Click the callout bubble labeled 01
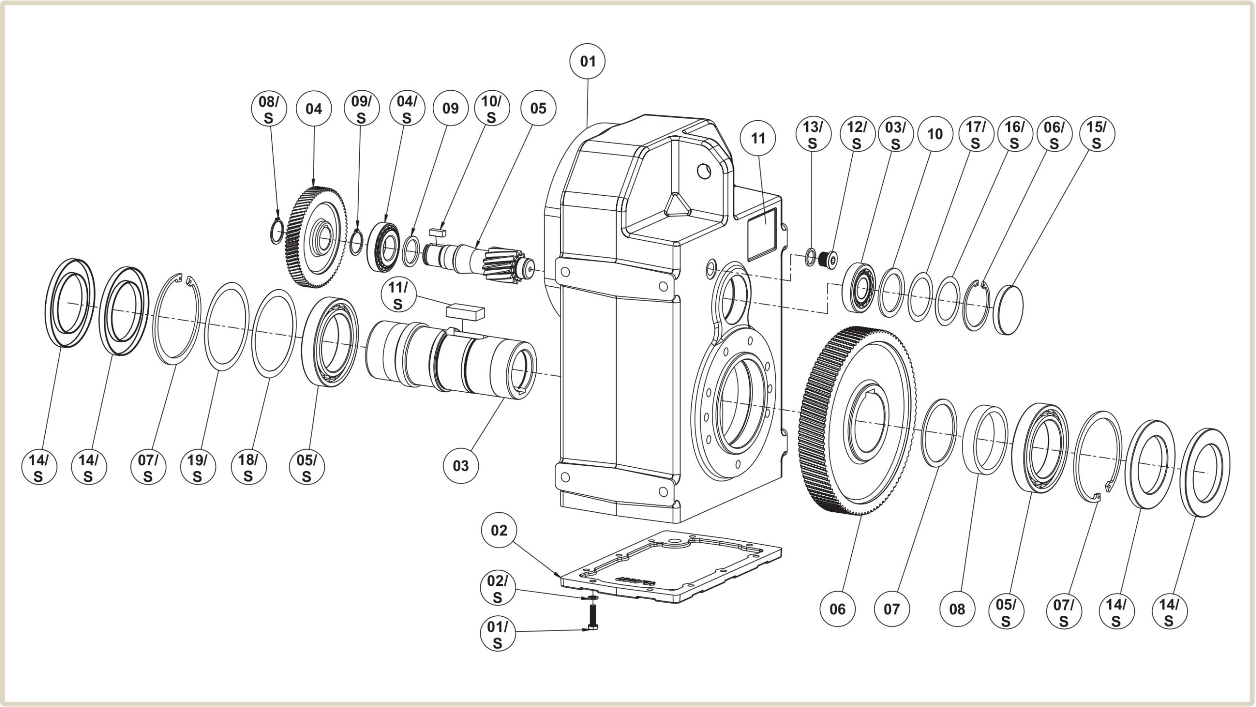click(587, 62)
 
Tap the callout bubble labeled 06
click(837, 609)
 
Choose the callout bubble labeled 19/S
click(198, 468)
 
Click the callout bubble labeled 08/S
click(268, 110)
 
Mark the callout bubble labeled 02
click(499, 530)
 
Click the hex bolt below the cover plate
click(593, 618)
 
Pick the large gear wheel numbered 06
click(856, 422)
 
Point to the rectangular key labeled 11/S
click(465, 312)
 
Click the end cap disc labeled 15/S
click(1008, 309)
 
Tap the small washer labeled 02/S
click(593, 598)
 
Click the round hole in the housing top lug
click(704, 171)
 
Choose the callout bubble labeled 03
click(460, 466)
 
